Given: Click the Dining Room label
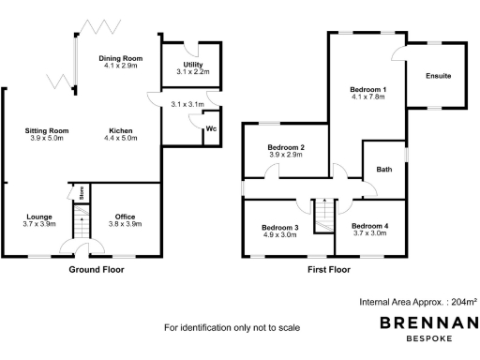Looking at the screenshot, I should click(x=120, y=59).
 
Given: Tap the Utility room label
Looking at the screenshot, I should click(x=193, y=64).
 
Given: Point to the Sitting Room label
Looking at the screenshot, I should click(x=48, y=130).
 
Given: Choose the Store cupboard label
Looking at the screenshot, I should click(x=82, y=193).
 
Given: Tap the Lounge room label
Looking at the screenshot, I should click(x=37, y=217).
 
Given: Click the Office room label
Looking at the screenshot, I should click(x=125, y=217).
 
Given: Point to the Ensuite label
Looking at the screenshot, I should click(x=439, y=75).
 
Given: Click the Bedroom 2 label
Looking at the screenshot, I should click(x=285, y=148).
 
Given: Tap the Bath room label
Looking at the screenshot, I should click(x=383, y=170).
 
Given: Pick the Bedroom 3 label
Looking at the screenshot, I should click(x=280, y=228).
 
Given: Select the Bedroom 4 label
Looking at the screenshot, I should click(x=368, y=227).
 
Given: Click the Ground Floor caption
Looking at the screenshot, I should click(x=97, y=269).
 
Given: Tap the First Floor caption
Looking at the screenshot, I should click(x=328, y=269).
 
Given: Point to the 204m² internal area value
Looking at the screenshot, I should click(x=462, y=302).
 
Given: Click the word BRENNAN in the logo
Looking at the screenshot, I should click(x=427, y=323).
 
